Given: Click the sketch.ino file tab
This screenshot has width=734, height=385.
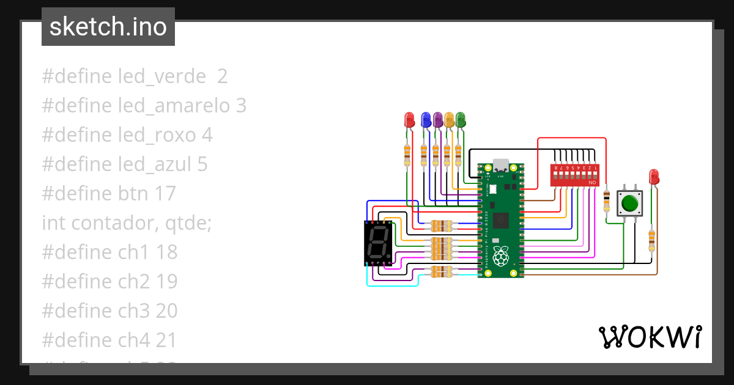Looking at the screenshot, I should [108, 27].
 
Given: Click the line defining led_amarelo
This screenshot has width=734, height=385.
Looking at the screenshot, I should [144, 106].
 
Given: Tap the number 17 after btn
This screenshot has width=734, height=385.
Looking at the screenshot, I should [165, 194].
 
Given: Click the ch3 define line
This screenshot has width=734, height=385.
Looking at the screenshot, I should [109, 311].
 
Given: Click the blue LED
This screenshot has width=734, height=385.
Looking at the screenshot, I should [426, 120].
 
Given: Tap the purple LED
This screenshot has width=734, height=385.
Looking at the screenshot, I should [438, 120].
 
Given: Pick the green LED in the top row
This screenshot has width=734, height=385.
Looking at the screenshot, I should [461, 120].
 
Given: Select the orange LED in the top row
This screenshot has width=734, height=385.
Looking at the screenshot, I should [450, 120].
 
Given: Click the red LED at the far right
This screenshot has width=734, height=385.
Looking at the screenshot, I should [654, 177].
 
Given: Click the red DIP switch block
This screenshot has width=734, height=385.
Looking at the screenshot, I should [574, 175].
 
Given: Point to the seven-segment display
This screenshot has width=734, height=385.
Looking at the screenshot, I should [378, 243].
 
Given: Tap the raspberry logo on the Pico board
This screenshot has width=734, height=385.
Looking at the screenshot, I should [501, 257].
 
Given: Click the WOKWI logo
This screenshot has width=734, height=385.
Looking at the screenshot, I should [650, 337].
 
